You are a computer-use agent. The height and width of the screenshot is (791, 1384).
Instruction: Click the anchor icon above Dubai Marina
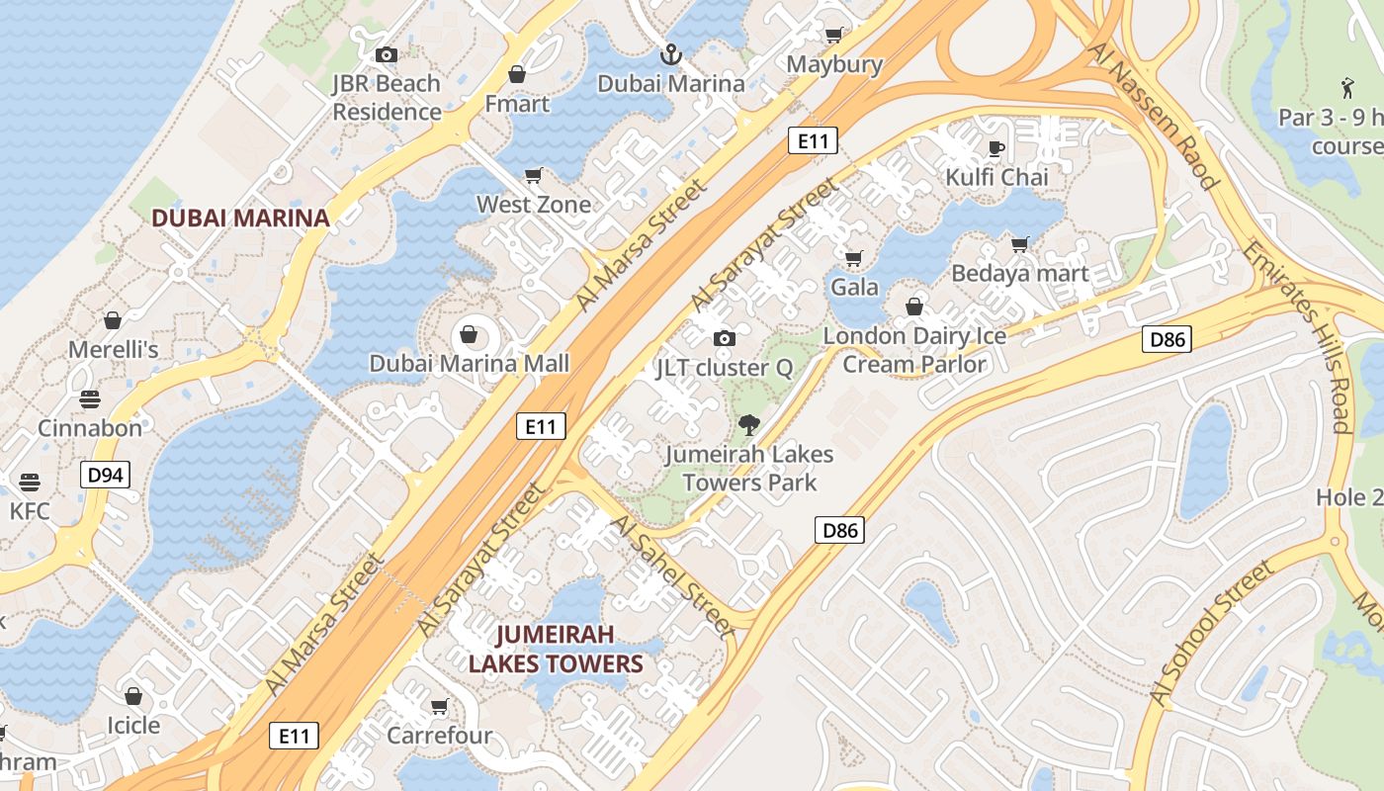pos(671,53)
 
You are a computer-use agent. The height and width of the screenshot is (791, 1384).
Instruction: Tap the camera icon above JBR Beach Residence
pos(387,54)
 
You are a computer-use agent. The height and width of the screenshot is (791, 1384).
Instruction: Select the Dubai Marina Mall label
pos(470,364)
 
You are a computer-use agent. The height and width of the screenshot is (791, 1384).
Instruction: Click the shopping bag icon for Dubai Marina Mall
pos(470,335)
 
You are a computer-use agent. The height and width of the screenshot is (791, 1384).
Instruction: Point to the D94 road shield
pos(105,476)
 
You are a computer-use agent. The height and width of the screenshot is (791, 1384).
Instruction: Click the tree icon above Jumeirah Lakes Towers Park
pos(749,426)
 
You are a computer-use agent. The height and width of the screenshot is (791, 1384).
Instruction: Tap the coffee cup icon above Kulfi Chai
pos(996,148)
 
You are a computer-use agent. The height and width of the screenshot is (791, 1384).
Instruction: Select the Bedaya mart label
pos(1020,274)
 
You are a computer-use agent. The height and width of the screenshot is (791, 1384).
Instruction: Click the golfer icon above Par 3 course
pos(1346,88)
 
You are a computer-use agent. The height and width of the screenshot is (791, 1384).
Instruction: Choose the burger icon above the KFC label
pos(30,483)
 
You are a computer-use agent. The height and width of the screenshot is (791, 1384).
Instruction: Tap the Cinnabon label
pos(90,428)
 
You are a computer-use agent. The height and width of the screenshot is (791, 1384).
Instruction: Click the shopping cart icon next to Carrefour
pos(439,707)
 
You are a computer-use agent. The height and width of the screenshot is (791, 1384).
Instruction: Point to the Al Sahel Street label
pos(672,573)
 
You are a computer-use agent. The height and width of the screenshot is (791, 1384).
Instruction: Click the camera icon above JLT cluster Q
pos(725,339)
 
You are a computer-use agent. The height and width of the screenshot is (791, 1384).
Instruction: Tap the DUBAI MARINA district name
pos(240,219)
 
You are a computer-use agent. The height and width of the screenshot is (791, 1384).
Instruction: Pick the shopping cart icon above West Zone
pos(534,176)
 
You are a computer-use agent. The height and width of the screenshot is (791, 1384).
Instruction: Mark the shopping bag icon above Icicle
pos(133,697)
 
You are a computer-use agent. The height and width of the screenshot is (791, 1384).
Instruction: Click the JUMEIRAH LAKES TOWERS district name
pos(556,649)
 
